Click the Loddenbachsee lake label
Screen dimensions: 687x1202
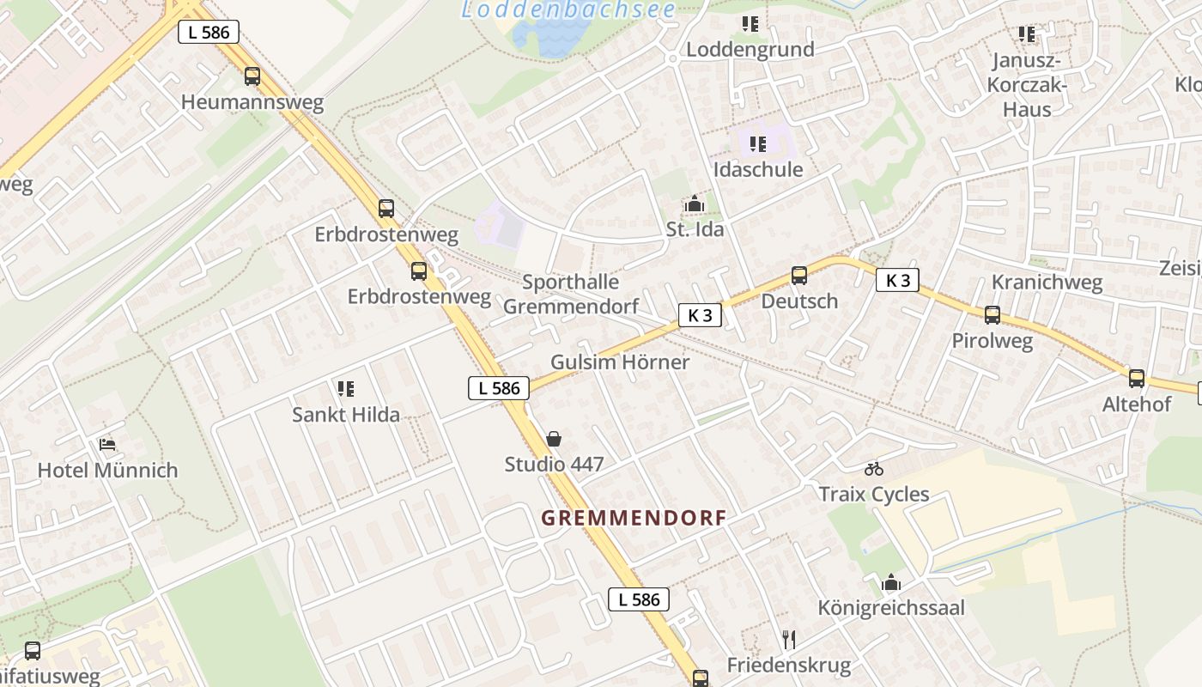568,10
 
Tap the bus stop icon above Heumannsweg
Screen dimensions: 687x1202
252,76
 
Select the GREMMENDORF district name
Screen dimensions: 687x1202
634,518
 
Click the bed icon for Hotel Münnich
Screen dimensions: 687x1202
107,445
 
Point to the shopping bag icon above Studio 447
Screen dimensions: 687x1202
555,439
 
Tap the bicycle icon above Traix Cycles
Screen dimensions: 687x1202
874,469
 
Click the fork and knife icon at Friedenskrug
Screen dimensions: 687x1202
789,639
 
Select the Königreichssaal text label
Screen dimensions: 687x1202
891,608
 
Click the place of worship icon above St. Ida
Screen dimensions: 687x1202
695,204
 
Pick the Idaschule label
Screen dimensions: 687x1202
758,169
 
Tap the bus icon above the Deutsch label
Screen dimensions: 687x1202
799,276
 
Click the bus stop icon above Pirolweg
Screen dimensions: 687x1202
993,315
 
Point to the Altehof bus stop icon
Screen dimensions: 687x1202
1137,379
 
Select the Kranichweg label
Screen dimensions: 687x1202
1047,283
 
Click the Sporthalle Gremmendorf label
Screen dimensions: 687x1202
571,294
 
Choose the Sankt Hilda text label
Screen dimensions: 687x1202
346,415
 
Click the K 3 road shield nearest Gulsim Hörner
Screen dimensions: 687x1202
700,315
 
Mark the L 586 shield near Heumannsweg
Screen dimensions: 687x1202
209,33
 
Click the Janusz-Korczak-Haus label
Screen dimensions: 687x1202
1027,85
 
